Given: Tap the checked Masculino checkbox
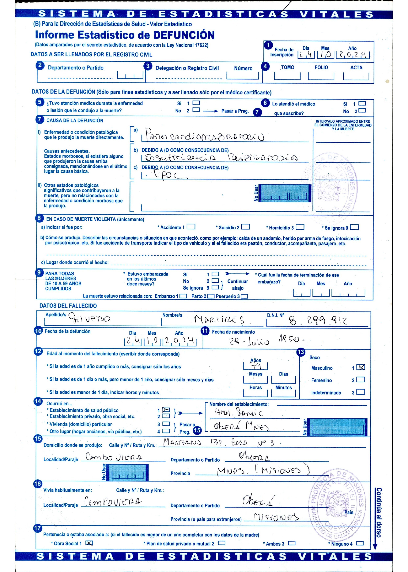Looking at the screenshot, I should coord(361,368).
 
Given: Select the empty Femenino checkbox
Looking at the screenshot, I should coord(361,380).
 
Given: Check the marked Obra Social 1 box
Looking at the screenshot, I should coord(89,543).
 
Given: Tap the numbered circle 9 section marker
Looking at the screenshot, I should coord(39,273).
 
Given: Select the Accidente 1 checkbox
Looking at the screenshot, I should coord(191,227).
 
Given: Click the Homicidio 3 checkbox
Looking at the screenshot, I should coord(300,227).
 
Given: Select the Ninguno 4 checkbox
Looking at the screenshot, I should coord(360,543).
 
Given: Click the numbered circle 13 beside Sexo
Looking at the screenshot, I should coord(301,352).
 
